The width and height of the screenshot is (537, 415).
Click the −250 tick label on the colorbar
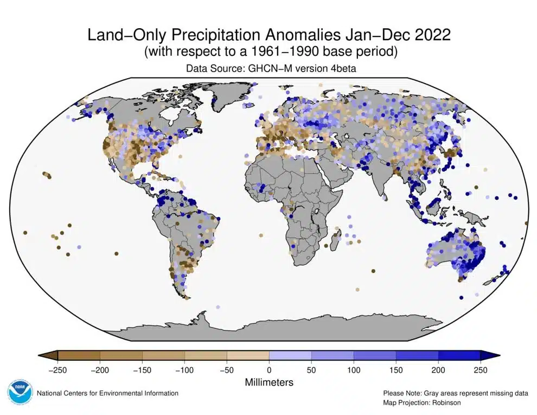click(56, 371)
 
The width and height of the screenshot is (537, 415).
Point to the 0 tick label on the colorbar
click(269, 371)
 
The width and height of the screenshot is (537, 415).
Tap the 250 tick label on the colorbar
click(481, 371)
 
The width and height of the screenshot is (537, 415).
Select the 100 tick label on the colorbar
click(354, 371)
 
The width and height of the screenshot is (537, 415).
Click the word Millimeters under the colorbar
click(269, 382)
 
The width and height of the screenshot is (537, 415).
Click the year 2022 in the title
click(431, 35)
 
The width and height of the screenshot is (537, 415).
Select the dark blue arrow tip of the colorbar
click(490, 355)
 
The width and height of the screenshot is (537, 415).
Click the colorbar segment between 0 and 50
click(290, 355)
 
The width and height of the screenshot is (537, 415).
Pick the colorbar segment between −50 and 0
click(248, 355)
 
